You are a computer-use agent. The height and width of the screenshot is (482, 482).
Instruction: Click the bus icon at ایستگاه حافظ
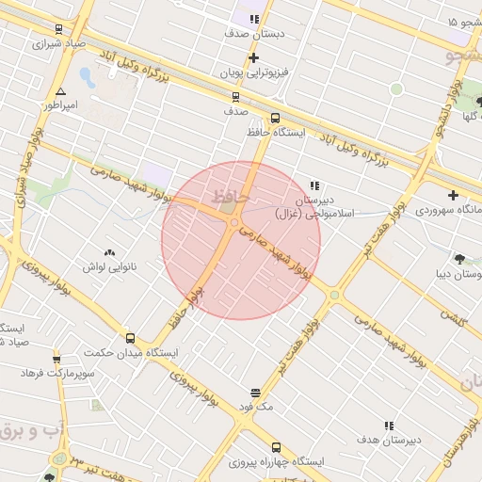[275, 119]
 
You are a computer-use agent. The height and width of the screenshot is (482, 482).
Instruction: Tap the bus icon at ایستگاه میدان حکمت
[130, 338]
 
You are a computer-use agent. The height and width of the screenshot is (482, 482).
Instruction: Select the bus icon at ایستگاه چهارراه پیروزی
[276, 448]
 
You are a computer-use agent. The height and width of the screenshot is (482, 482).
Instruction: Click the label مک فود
[255, 407]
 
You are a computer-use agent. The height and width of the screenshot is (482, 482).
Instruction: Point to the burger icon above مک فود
[255, 393]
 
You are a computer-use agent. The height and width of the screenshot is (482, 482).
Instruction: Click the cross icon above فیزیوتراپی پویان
[253, 58]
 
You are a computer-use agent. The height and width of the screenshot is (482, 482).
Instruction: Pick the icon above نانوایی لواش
[109, 252]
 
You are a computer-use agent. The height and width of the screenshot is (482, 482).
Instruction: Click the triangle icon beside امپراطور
[61, 92]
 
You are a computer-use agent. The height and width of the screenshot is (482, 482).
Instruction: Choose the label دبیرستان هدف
[389, 440]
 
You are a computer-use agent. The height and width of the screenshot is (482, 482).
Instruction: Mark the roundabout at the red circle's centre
[233, 222]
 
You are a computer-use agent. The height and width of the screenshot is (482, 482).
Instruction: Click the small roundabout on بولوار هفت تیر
[334, 295]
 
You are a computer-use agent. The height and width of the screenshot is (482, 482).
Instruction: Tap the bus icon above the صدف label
[235, 96]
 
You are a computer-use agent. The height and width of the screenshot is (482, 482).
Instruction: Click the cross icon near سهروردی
[454, 195]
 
